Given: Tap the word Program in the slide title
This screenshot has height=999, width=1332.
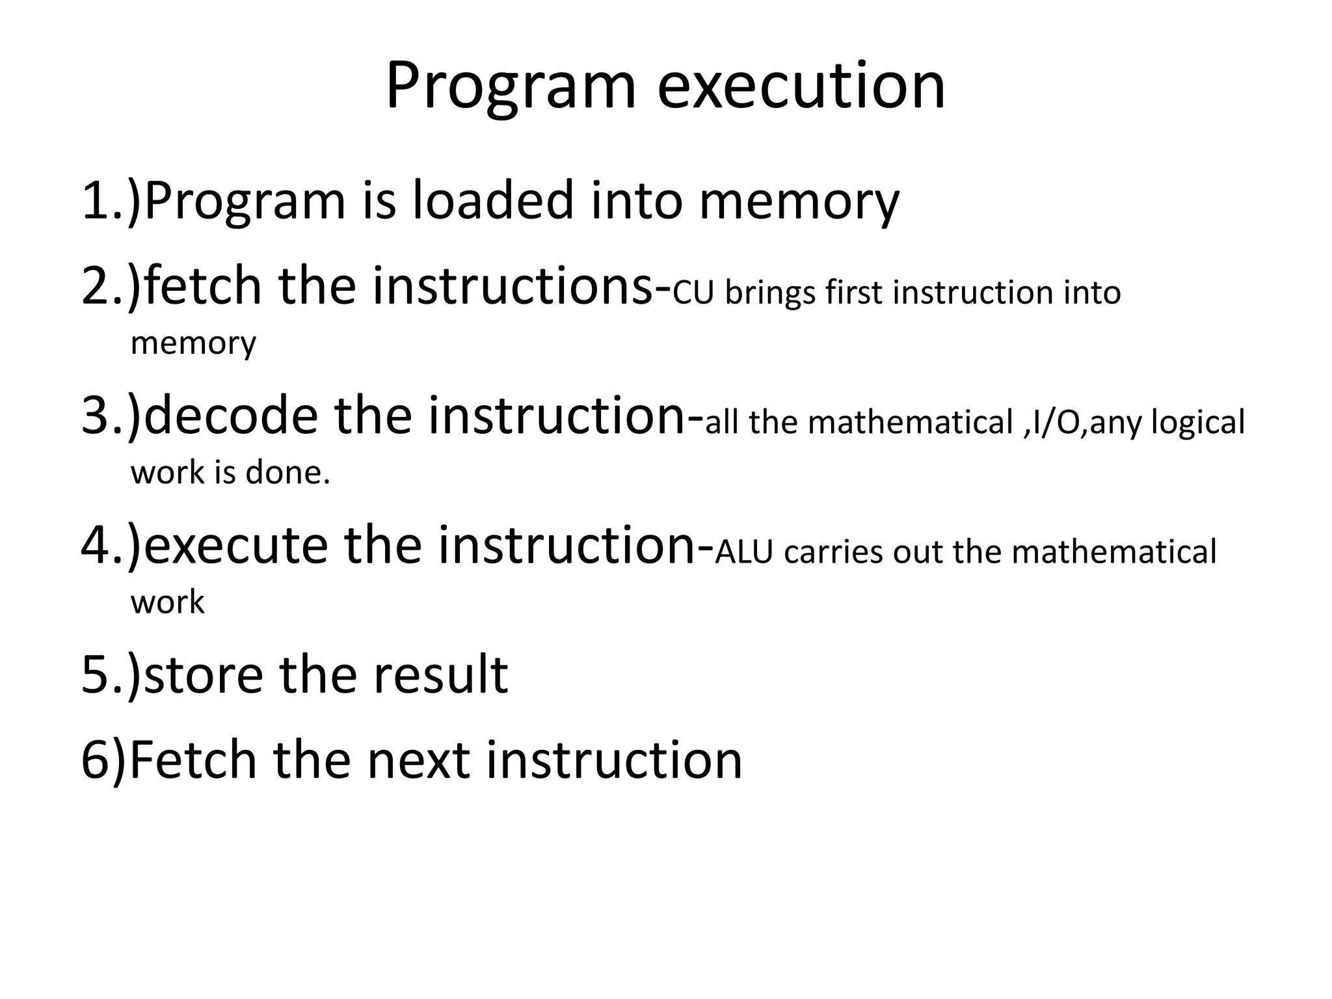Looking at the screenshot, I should [510, 88].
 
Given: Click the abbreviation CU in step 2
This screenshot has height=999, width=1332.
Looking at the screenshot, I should [695, 293].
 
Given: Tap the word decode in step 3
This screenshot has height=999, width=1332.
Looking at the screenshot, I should [231, 416].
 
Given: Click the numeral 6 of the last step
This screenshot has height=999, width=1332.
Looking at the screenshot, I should [95, 760].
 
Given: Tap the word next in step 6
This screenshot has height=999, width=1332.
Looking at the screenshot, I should [418, 760].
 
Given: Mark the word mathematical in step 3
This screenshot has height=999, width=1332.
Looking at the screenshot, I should [911, 423].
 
